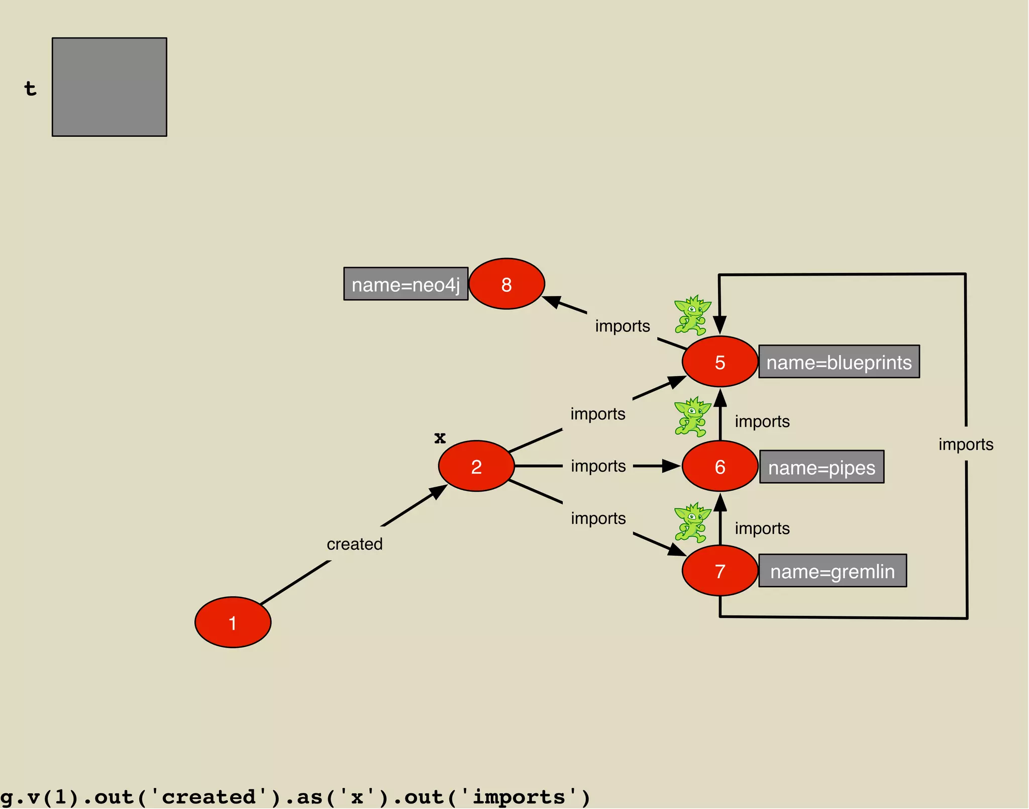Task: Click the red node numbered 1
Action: [233, 622]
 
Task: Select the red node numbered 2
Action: [476, 466]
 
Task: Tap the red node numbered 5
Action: [719, 362]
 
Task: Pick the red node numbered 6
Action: [719, 466]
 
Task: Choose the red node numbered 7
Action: [719, 571]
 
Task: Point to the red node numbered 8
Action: [506, 284]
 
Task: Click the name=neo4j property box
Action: [405, 284]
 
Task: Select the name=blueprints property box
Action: [839, 362]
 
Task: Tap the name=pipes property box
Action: [821, 467]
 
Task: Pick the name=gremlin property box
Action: [833, 571]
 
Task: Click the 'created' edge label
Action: [355, 544]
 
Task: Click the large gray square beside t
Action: [110, 87]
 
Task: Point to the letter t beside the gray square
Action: [30, 88]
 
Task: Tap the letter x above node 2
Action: [440, 437]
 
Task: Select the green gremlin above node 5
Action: [692, 315]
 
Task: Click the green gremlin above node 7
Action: [692, 522]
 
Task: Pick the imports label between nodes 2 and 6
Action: [598, 466]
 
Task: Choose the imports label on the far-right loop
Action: [966, 444]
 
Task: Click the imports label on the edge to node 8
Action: [623, 326]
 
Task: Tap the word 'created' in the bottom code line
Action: [208, 797]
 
